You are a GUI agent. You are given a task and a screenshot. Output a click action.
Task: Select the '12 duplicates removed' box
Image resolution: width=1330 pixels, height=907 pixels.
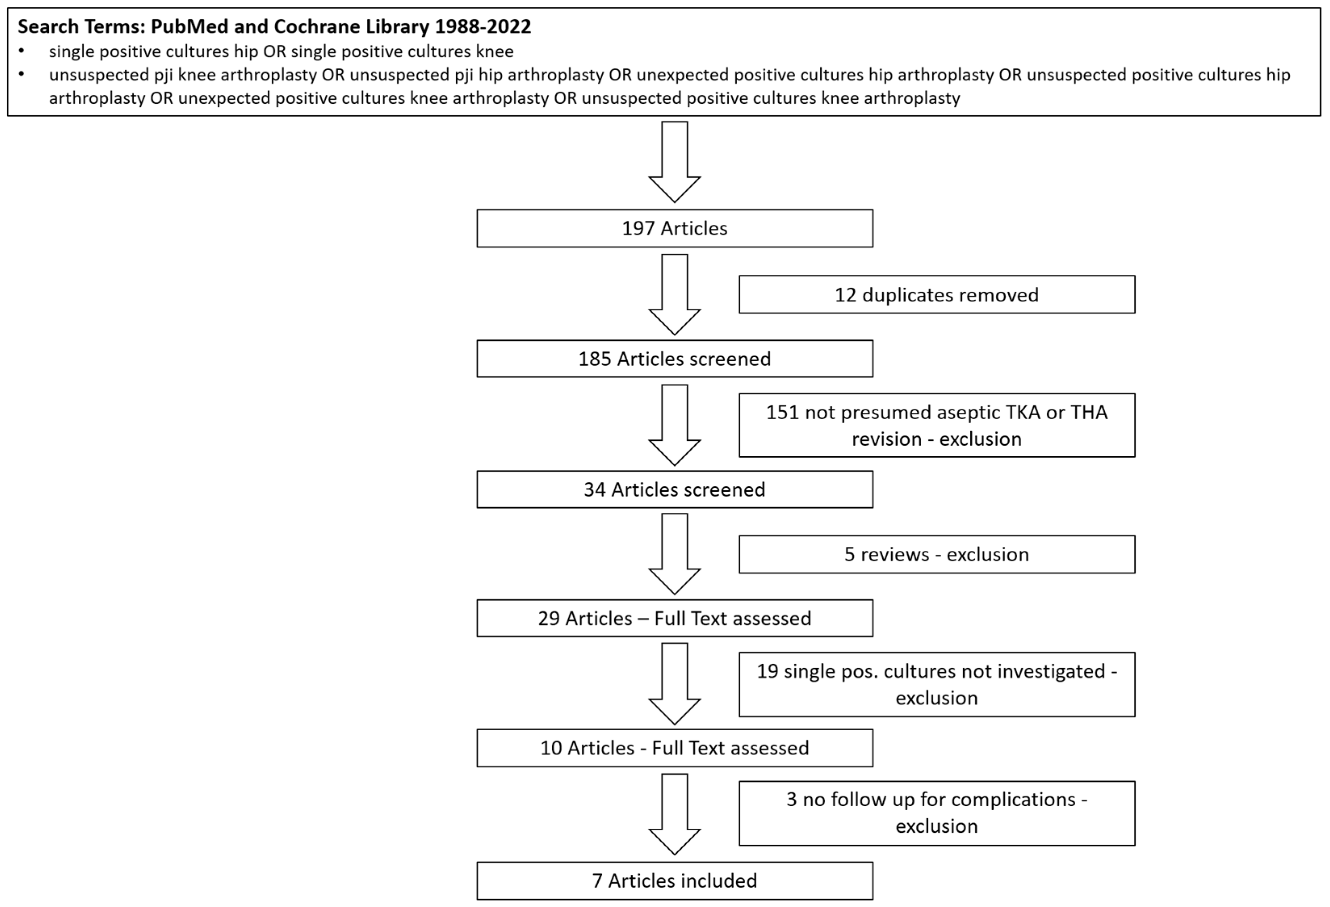click(936, 295)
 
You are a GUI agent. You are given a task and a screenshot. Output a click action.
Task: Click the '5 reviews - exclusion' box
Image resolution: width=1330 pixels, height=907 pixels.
click(936, 554)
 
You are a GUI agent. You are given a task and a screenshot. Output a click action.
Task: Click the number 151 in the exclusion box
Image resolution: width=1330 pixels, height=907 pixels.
click(782, 412)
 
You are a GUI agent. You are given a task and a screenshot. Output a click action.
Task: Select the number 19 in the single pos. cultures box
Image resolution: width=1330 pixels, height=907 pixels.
click(767, 671)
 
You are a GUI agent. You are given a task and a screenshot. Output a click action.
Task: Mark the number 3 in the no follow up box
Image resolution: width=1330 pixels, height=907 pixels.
click(792, 800)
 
